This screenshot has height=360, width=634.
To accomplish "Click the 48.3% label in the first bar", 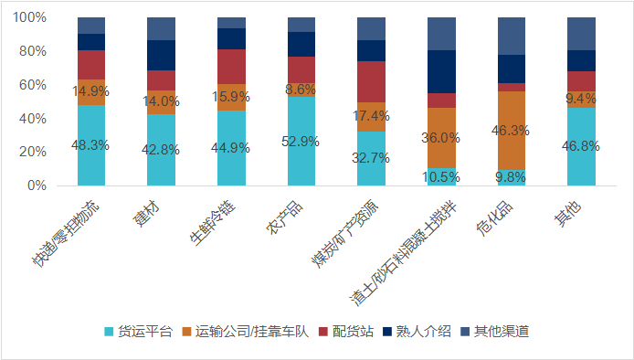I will pos(91,144).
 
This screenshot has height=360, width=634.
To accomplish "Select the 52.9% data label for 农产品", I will pos(301,141).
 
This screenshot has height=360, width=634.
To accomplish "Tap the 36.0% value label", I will pos(441,138).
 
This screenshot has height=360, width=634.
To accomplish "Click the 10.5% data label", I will pos(441,176).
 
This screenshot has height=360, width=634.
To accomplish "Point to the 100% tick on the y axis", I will pos(30,17).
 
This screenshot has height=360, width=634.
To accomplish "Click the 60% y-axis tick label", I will pos(34,85).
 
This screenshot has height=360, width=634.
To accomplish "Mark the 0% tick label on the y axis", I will pos(37,185).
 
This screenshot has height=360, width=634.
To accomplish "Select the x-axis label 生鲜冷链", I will pos(216,218).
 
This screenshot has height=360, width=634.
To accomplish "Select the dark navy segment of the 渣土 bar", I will pos(441,71).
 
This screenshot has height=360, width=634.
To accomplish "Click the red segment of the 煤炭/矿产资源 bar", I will pos(371,81).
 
